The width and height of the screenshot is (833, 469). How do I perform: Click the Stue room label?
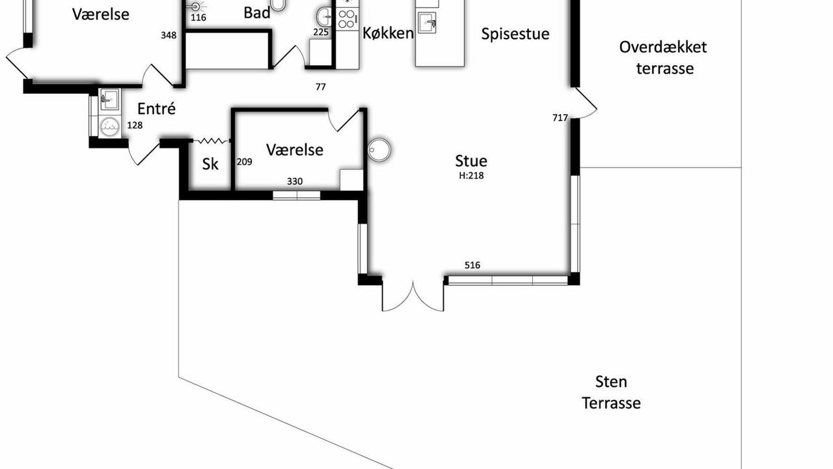[471, 161]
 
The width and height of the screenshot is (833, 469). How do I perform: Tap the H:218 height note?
[471, 175]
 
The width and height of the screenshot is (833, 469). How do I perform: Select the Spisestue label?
[515, 34]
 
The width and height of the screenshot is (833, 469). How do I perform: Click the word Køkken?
[388, 33]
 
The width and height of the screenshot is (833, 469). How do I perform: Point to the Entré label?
[156, 109]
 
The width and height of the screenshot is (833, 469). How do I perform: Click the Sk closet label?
[210, 163]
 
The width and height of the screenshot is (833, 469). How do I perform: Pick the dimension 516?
[472, 265]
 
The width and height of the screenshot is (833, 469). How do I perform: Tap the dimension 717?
[560, 118]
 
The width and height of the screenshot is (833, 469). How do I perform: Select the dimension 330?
[295, 181]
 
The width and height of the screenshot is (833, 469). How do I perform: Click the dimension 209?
[244, 162]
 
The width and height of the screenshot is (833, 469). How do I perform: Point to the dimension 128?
[135, 125]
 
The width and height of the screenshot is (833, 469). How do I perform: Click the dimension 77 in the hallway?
[321, 87]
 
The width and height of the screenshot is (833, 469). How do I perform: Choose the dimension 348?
[169, 35]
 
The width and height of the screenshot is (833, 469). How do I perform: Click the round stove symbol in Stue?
[379, 150]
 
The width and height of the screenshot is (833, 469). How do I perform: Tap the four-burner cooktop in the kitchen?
[348, 19]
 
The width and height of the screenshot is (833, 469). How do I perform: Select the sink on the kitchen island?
[427, 23]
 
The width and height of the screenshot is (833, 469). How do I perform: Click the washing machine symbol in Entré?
[109, 126]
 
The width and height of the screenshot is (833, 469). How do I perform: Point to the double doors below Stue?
[413, 296]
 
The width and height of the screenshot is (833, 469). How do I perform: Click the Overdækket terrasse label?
[663, 58]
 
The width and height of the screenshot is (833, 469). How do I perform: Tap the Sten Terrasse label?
[611, 392]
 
